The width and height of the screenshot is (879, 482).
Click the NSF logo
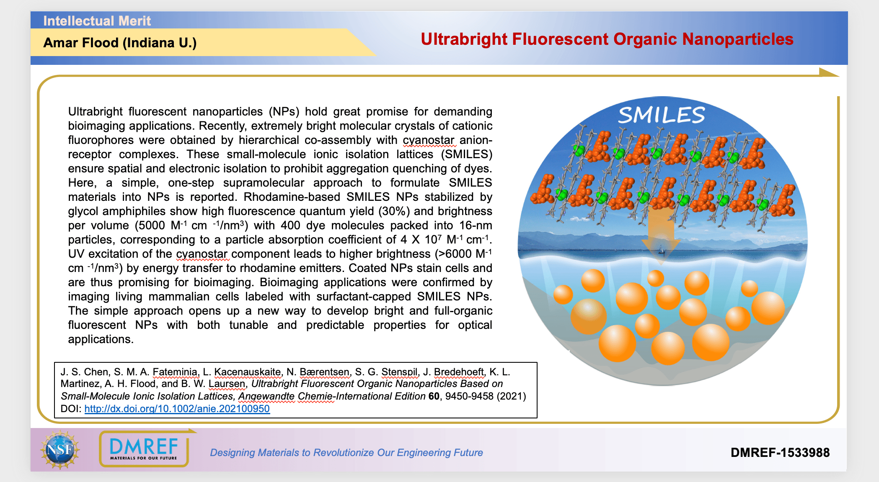click(60, 450)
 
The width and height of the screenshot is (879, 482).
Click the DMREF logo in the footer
click(144, 449)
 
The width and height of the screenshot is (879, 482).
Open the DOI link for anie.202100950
click(177, 409)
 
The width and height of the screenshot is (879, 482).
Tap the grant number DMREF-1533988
click(780, 452)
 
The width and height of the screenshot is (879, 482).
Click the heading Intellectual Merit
click(97, 21)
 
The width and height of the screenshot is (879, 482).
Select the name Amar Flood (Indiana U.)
click(120, 43)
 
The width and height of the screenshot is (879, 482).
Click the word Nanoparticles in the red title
click(738, 39)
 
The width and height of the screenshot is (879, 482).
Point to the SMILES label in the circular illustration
click(662, 115)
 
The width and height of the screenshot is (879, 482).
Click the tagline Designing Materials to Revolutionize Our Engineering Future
click(346, 453)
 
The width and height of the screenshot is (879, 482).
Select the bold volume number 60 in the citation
click(434, 396)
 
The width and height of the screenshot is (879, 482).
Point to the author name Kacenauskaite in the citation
click(248, 372)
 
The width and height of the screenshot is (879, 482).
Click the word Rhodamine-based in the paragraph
click(292, 197)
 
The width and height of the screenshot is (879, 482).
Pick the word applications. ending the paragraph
click(101, 339)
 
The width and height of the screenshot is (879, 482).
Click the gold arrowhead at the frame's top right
click(829, 72)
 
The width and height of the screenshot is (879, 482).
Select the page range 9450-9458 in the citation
click(469, 396)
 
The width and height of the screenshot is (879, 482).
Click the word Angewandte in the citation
click(266, 396)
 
